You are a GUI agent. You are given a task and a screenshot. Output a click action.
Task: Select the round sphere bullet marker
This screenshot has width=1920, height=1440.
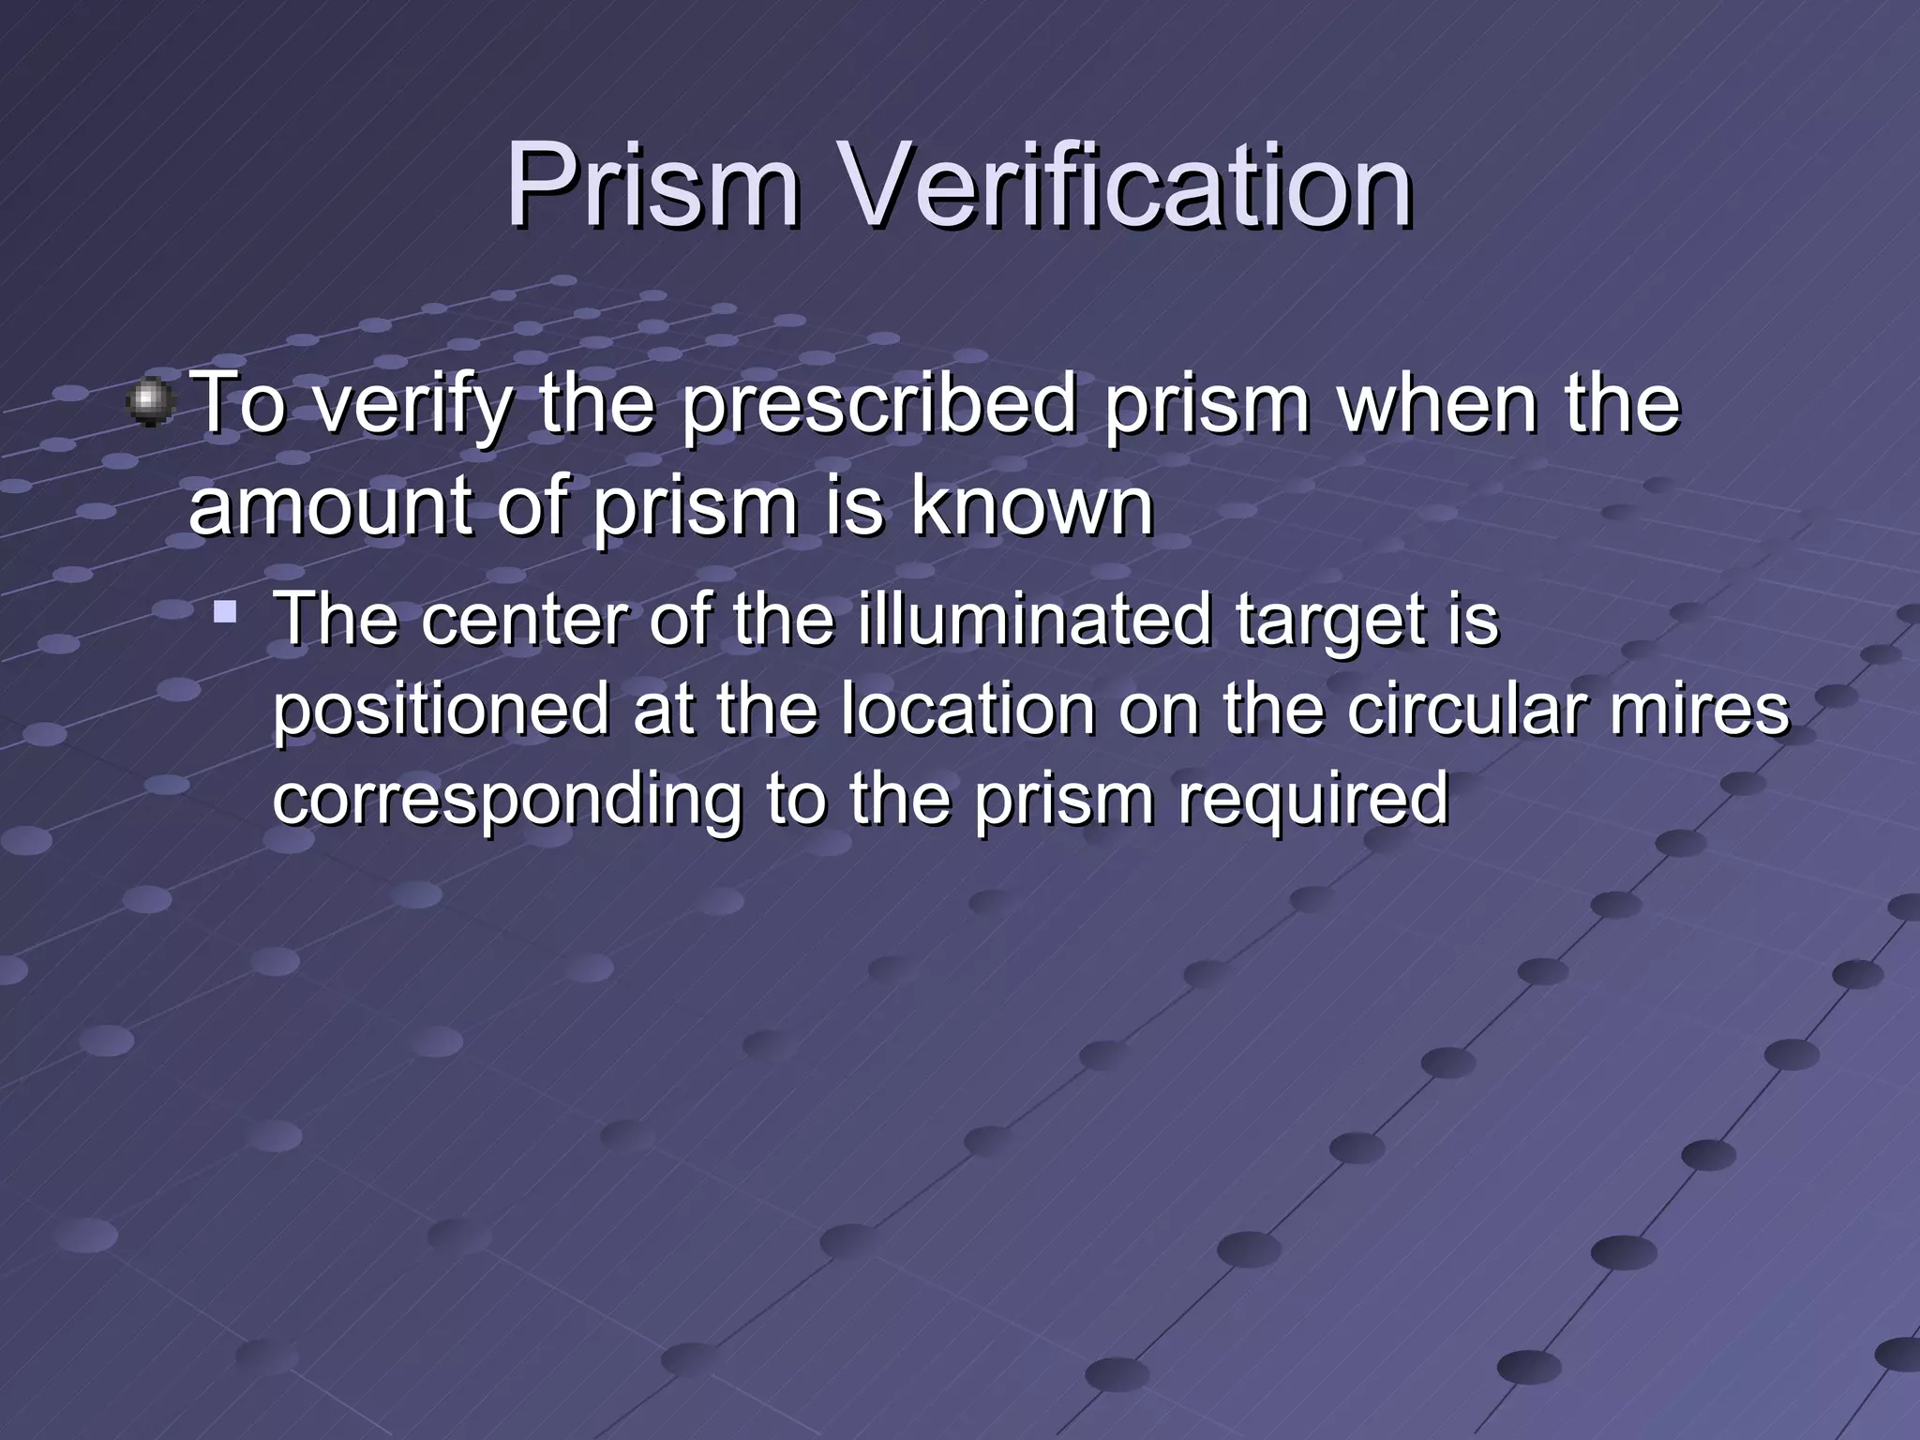tap(151, 403)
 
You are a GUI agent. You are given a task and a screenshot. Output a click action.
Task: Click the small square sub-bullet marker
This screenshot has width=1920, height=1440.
tap(224, 613)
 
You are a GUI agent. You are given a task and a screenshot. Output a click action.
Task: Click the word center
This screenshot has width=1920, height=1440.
tap(524, 620)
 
